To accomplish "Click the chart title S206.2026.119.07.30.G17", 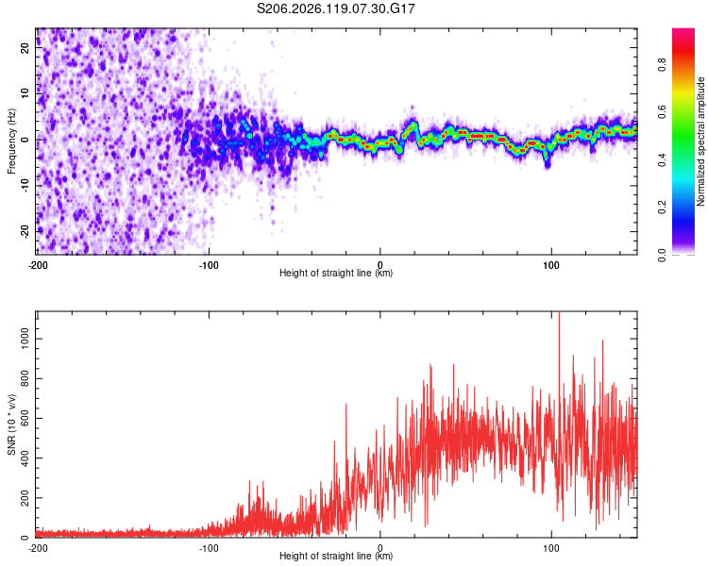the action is click(335, 8).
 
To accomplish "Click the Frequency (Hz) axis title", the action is click(11, 141).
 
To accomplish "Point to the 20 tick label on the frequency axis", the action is click(25, 48).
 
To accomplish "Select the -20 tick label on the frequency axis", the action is click(25, 231).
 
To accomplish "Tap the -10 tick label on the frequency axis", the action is click(25, 186).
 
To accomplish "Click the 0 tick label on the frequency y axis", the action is click(25, 140).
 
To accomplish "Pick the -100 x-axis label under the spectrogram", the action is click(209, 265).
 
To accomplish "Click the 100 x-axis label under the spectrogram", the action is click(551, 265).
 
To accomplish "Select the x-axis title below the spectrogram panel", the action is click(336, 273).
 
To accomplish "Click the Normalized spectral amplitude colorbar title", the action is click(700, 141).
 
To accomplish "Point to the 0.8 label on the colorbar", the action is click(662, 64).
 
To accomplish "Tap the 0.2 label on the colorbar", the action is click(662, 208).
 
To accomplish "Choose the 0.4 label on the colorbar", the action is click(662, 159).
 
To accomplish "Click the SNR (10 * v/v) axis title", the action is click(11, 424).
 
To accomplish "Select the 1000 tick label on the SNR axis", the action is click(25, 339).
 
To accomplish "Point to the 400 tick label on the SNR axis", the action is click(25, 458).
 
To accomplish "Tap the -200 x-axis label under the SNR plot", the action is click(38, 548).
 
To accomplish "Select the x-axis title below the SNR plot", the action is click(336, 556).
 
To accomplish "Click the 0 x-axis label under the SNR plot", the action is click(380, 548).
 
